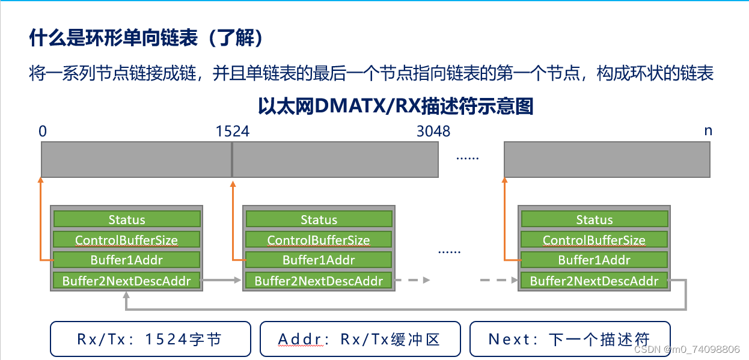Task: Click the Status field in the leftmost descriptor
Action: click(x=126, y=219)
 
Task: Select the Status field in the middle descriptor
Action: click(x=319, y=219)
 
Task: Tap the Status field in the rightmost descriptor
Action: click(x=594, y=219)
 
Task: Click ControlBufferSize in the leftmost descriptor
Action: click(x=126, y=240)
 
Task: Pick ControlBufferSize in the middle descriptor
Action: click(x=319, y=240)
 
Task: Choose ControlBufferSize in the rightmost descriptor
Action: click(x=594, y=240)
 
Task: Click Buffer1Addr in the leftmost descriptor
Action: click(x=126, y=260)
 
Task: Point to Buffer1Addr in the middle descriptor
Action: click(x=319, y=260)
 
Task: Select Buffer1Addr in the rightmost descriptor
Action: click(x=594, y=260)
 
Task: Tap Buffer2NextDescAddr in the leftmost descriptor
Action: click(x=126, y=281)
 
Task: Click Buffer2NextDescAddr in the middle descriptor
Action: click(x=319, y=281)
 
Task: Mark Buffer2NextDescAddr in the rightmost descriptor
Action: click(x=594, y=281)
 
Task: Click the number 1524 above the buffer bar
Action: click(x=233, y=131)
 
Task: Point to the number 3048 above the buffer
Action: click(x=433, y=131)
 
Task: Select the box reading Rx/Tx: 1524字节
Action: click(x=150, y=339)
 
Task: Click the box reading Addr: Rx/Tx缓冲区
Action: click(x=359, y=339)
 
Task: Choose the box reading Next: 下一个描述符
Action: click(x=569, y=339)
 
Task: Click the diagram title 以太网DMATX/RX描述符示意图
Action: click(x=396, y=106)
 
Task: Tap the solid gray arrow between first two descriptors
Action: click(x=221, y=280)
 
